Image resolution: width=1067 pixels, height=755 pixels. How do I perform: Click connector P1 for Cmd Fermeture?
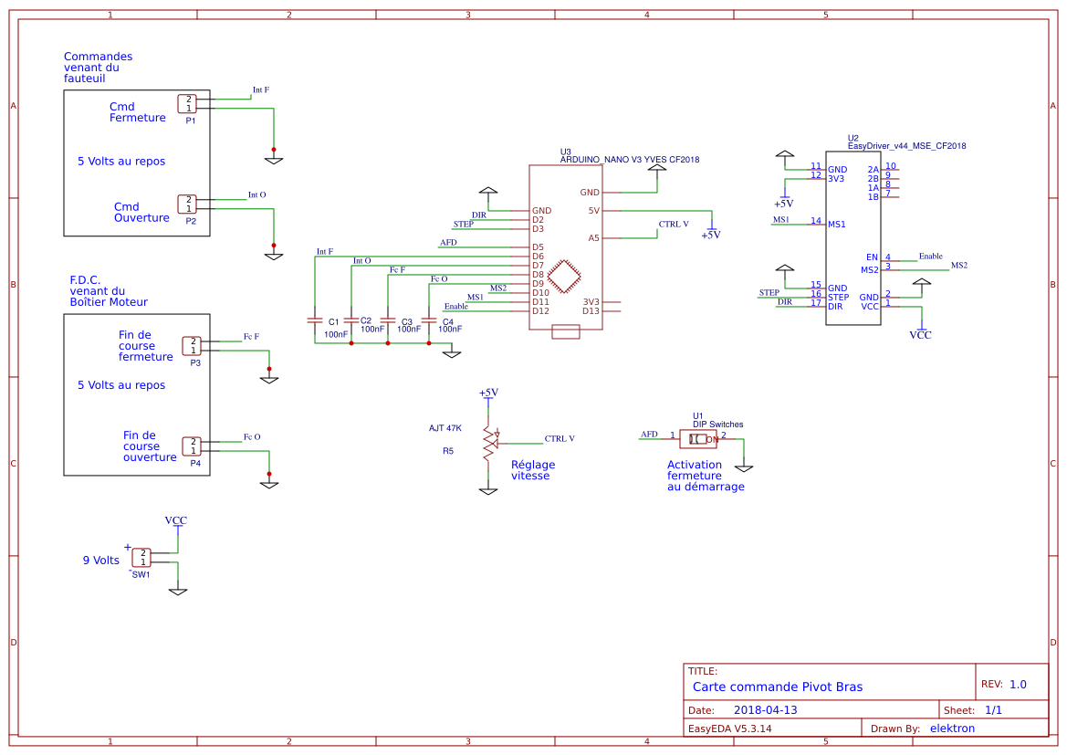point(187,103)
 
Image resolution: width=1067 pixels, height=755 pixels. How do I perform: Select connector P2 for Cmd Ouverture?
point(187,204)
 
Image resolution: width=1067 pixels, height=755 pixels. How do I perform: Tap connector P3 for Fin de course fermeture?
point(192,345)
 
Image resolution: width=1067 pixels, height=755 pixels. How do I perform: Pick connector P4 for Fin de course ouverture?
point(192,446)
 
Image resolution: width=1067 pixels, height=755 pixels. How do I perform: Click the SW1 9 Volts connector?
point(141,557)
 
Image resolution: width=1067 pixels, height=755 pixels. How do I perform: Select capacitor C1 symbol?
point(314,320)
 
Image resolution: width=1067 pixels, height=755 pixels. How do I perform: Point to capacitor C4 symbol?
point(429,320)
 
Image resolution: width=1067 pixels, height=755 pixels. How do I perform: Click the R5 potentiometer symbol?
point(489,442)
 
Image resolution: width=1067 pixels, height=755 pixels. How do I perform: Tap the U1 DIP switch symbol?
point(698,439)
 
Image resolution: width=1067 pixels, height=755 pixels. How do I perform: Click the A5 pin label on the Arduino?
point(593,238)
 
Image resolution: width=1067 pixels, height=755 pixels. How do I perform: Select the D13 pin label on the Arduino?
point(591,311)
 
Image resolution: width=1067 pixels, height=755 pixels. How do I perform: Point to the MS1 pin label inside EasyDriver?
point(836,224)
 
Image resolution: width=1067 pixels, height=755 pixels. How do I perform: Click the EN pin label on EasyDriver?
point(872,257)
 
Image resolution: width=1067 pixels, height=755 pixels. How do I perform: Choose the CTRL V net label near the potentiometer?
point(560,438)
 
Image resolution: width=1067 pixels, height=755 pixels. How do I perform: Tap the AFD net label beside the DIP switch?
point(649,434)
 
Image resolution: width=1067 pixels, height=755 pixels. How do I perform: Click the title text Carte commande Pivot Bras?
point(777,687)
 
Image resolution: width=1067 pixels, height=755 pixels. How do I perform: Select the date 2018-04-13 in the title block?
point(766,710)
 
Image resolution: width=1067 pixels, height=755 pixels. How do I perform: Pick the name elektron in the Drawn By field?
point(952,729)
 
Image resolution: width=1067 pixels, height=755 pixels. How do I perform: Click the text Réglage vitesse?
point(533,470)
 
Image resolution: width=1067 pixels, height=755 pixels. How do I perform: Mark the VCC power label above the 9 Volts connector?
point(176,519)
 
